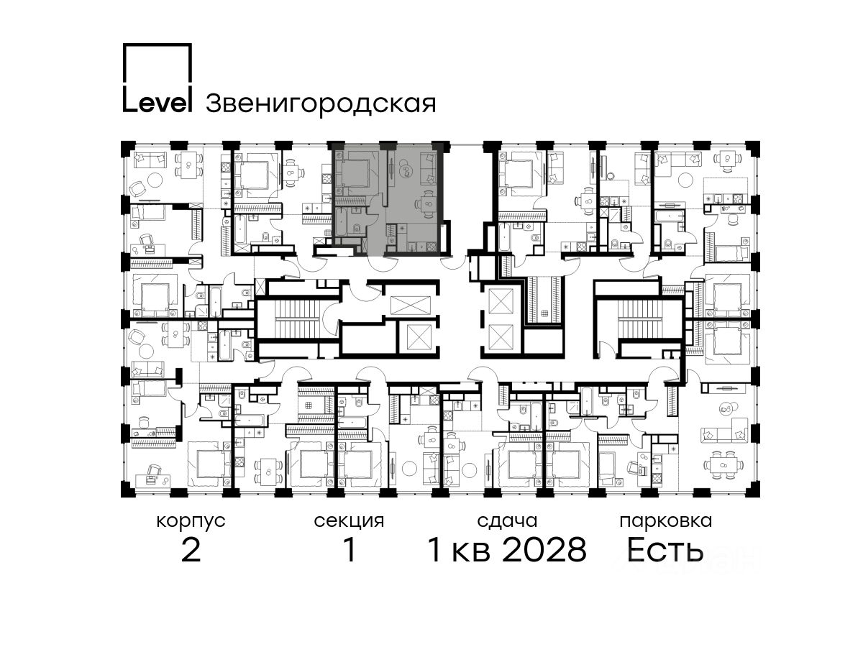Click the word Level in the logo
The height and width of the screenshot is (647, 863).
click(x=157, y=103)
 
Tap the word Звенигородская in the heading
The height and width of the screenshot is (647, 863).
click(x=321, y=104)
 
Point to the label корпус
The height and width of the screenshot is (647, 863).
click(x=191, y=522)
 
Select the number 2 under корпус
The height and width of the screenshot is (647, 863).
click(x=191, y=549)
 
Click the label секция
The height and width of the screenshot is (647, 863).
click(x=349, y=522)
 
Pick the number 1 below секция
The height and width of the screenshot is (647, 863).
click(x=350, y=549)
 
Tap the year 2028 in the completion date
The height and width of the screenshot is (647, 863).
click(x=544, y=549)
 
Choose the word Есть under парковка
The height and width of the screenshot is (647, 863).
click(x=665, y=549)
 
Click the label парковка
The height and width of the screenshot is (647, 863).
click(x=666, y=522)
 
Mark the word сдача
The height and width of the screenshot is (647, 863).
click(x=507, y=522)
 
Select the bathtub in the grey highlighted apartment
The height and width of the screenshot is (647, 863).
click(x=340, y=222)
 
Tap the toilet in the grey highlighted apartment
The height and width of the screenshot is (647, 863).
click(x=357, y=228)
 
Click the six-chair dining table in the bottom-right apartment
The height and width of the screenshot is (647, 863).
click(x=723, y=464)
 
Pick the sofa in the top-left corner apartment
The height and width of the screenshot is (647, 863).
click(x=150, y=160)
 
